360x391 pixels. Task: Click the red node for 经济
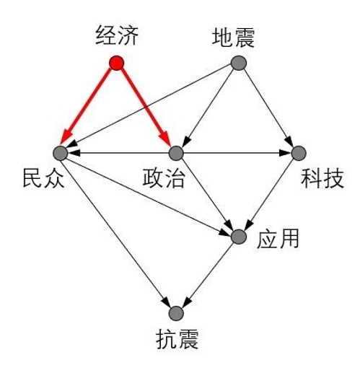click(116, 63)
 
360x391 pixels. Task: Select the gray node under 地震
click(239, 63)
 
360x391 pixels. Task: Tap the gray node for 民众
click(61, 153)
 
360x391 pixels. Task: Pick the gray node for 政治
click(176, 153)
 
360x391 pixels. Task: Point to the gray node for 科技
click(299, 153)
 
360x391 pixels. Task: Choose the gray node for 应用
click(239, 237)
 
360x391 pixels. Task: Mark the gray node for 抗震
click(176, 313)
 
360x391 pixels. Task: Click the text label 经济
click(117, 35)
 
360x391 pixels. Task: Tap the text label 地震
click(233, 38)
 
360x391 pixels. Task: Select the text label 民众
click(43, 177)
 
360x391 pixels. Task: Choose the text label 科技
click(322, 178)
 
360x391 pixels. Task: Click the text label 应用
click(278, 238)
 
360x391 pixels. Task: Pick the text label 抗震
click(177, 338)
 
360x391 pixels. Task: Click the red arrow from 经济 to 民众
click(87, 107)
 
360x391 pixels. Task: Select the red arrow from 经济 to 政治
click(146, 107)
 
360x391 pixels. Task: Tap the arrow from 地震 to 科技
click(268, 107)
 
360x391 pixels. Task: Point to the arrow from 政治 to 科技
click(237, 153)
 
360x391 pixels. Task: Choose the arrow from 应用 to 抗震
click(209, 273)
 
